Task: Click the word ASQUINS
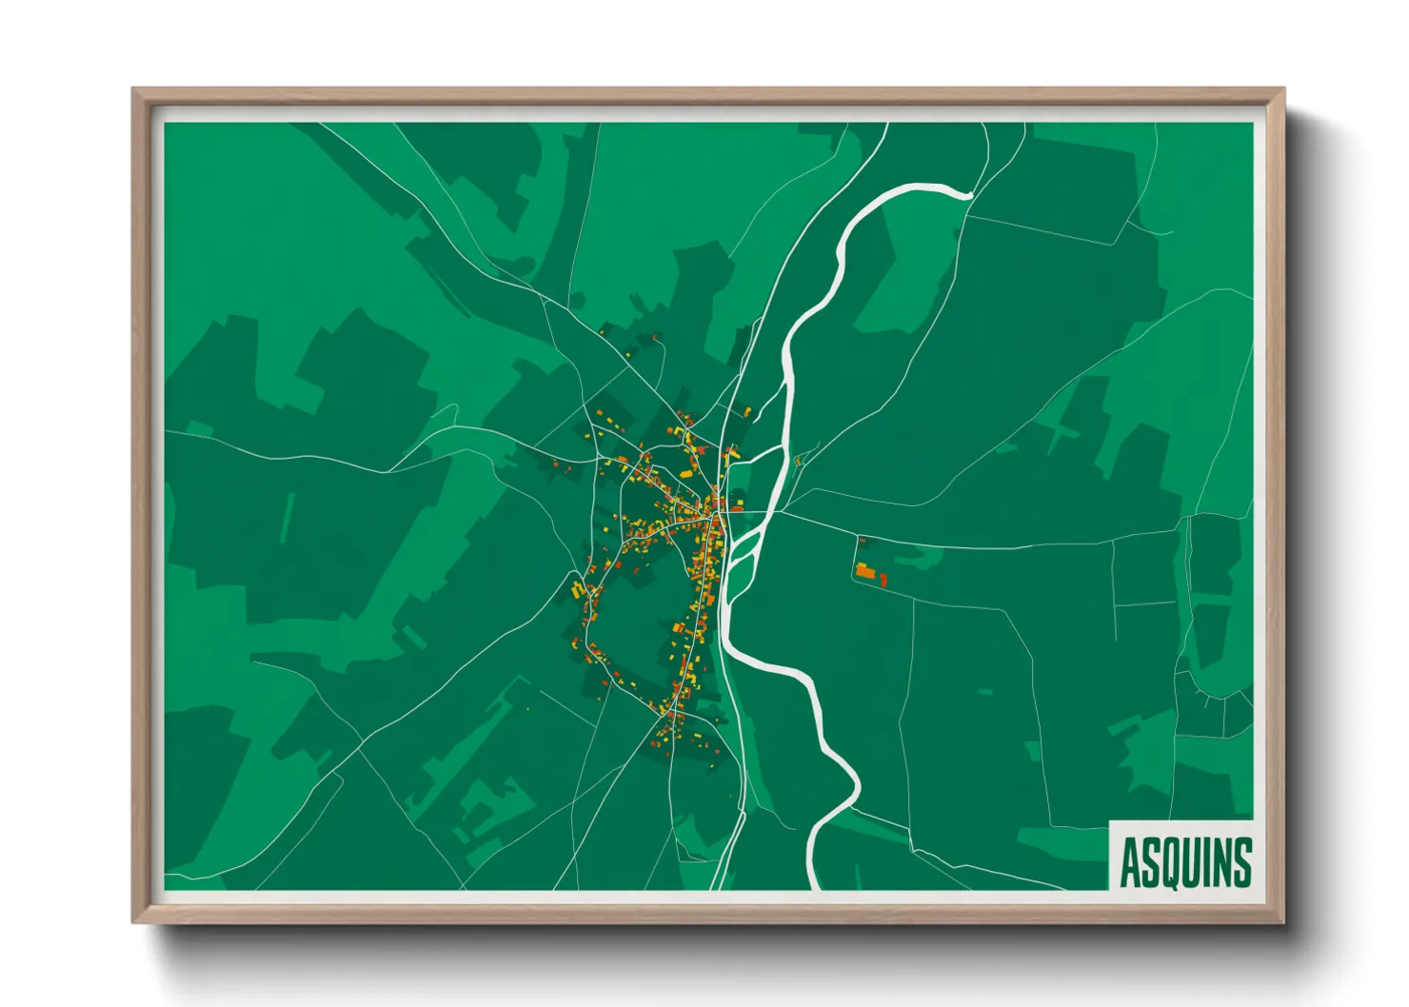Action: click(1184, 862)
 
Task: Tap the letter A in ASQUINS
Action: click(1130, 862)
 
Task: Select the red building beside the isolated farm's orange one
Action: click(883, 579)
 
